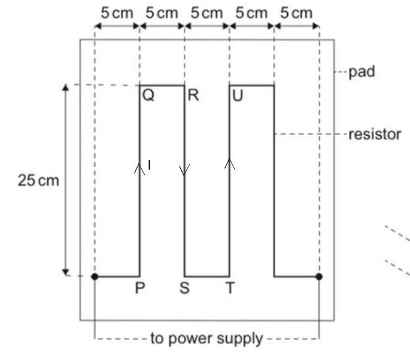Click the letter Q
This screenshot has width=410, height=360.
point(148,96)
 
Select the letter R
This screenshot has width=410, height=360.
point(193,96)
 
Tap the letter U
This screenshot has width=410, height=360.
point(238,96)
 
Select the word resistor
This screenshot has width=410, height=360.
point(375,134)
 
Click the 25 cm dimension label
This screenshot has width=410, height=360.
point(38,181)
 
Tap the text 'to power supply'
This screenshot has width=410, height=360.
point(206,339)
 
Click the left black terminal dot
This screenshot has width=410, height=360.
point(95,276)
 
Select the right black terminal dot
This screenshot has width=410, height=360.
point(319,276)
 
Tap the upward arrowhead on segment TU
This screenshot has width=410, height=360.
point(229,163)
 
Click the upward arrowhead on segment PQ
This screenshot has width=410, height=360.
point(139,169)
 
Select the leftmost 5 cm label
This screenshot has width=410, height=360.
point(117,13)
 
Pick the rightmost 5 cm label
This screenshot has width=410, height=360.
point(296,13)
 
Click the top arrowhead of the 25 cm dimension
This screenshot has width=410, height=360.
point(65,88)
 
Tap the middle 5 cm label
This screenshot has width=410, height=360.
point(206,13)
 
